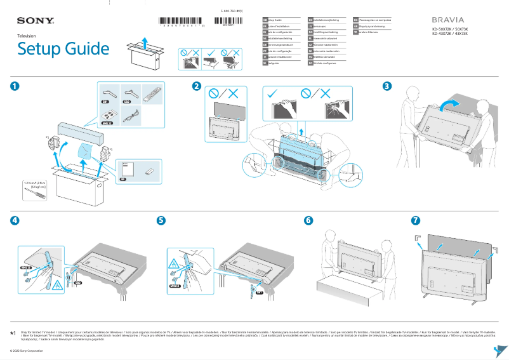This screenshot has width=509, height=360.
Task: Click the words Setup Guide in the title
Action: click(63, 49)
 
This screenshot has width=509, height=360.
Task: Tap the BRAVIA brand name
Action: click(448, 20)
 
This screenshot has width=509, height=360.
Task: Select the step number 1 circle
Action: click(15, 86)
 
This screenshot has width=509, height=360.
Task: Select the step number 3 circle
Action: click(387, 86)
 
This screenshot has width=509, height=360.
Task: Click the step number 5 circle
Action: click(161, 220)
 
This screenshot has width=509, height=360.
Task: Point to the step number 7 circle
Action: click(415, 220)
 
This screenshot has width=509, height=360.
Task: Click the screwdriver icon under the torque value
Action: click(36, 197)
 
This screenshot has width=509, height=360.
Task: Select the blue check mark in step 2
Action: click(274, 94)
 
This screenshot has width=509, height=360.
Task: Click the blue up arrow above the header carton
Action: click(145, 42)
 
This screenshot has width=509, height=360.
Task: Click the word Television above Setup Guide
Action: click(26, 36)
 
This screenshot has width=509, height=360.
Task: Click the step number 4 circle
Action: click(15, 220)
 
